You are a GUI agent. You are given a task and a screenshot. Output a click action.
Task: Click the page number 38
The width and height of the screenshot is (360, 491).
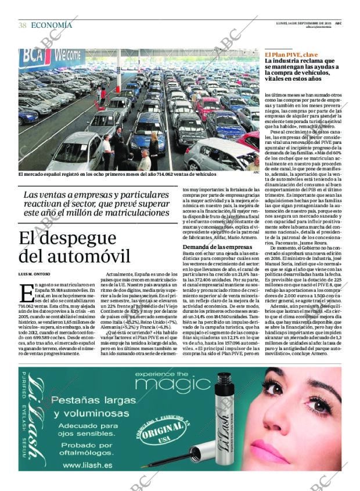click(22, 25)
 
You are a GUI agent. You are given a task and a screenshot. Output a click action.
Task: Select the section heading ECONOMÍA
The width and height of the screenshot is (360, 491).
click(51, 25)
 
